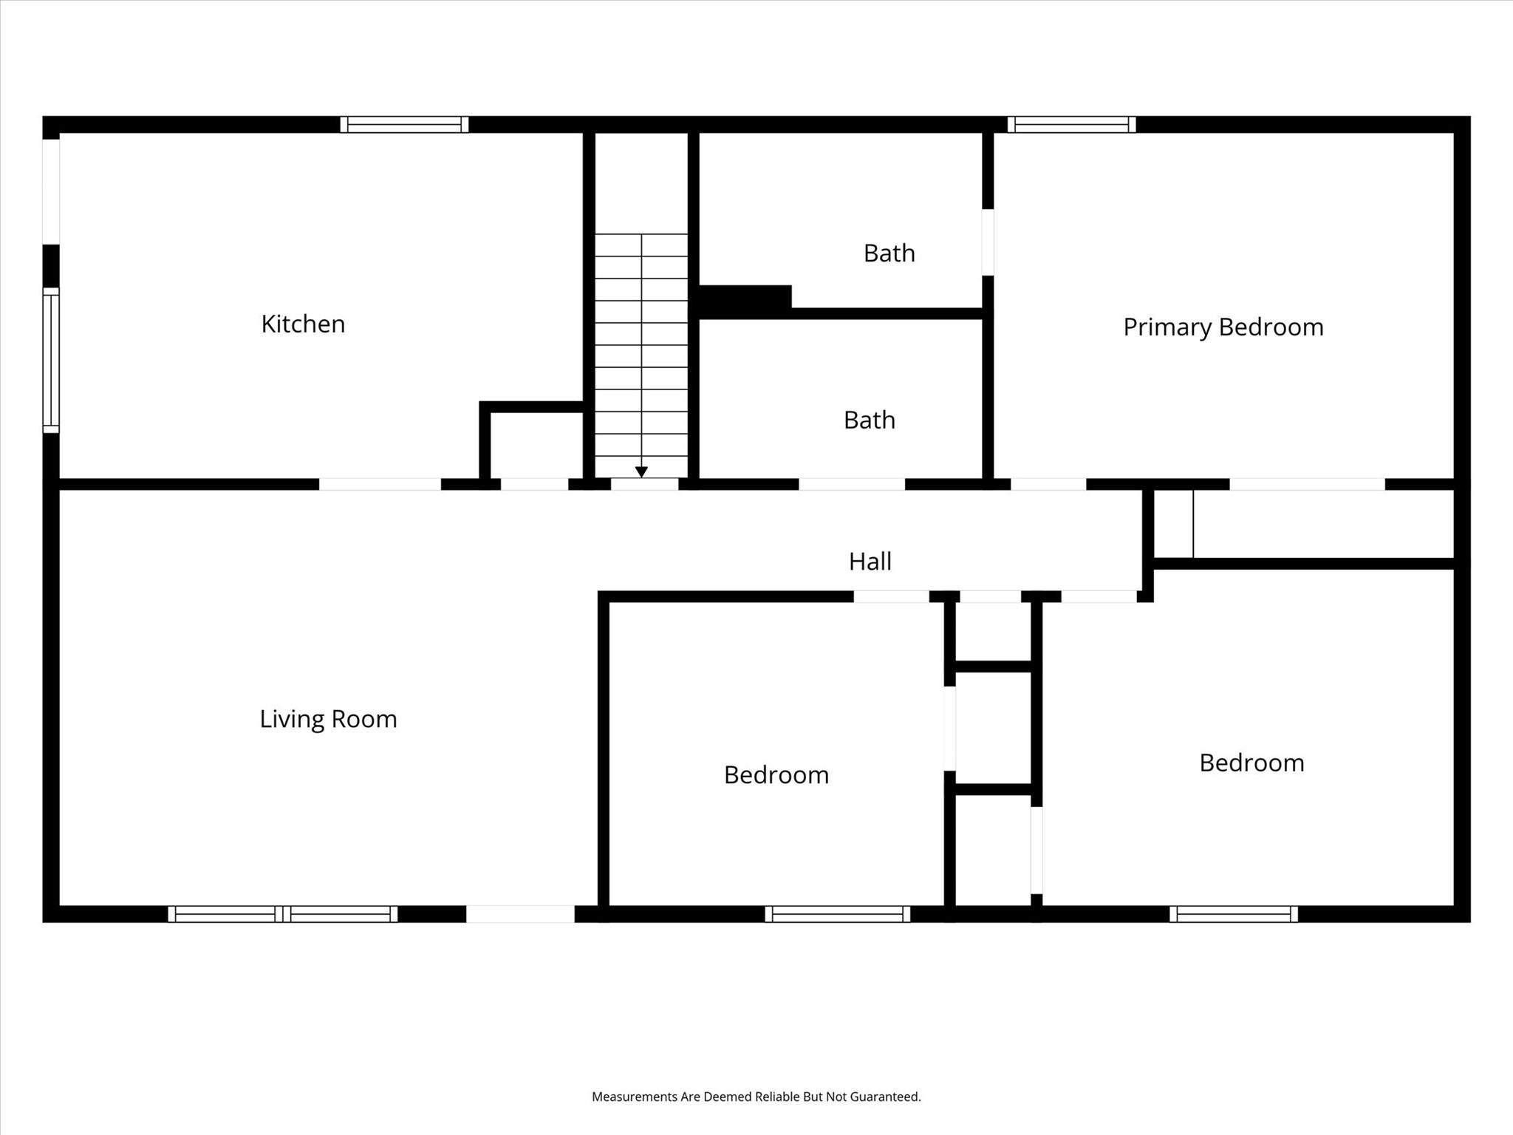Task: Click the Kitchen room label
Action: click(303, 324)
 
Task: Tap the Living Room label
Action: click(328, 719)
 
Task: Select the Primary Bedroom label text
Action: click(1223, 327)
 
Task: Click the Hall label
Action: click(870, 562)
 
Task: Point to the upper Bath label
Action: click(889, 253)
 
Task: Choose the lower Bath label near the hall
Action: click(869, 420)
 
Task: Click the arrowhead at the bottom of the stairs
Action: click(641, 471)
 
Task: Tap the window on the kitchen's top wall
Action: click(404, 124)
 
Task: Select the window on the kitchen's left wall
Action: click(50, 360)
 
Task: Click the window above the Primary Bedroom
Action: click(1071, 124)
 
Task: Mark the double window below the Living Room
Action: click(282, 914)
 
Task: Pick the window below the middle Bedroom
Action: click(837, 914)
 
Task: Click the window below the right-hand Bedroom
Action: click(1233, 914)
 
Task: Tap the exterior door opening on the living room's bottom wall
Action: click(520, 914)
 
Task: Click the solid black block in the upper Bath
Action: click(744, 298)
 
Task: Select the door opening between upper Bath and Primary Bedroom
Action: click(988, 242)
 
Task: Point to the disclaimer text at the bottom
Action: click(756, 1097)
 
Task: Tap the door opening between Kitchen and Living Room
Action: click(380, 485)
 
